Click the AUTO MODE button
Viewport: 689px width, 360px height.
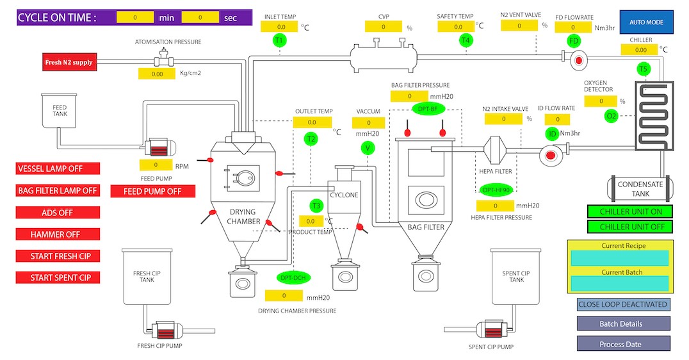pyautogui.click(x=646, y=22)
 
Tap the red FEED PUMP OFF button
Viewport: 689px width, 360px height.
pyautogui.click(x=152, y=191)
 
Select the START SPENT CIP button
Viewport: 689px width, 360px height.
pyautogui.click(x=58, y=277)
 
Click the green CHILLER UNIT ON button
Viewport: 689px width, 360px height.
pyautogui.click(x=630, y=211)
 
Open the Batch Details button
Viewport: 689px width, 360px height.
pyautogui.click(x=623, y=323)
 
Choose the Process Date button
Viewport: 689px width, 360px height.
pyautogui.click(x=623, y=344)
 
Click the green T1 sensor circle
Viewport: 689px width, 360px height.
pyautogui.click(x=279, y=40)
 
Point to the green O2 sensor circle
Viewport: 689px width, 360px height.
pyautogui.click(x=612, y=116)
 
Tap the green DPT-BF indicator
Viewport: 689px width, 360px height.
pyautogui.click(x=427, y=109)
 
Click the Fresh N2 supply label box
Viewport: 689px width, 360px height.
pyautogui.click(x=69, y=62)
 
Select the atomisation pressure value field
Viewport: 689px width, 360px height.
pyautogui.click(x=157, y=74)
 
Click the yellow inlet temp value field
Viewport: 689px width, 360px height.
pyautogui.click(x=281, y=27)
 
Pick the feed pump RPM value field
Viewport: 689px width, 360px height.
pyautogui.click(x=156, y=165)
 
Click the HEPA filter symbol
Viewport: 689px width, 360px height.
pyautogui.click(x=498, y=151)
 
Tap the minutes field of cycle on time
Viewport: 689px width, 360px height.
pyautogui.click(x=134, y=18)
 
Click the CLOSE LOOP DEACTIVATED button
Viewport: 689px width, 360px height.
pyautogui.click(x=623, y=304)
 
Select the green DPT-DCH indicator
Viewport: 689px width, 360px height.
pyautogui.click(x=294, y=277)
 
